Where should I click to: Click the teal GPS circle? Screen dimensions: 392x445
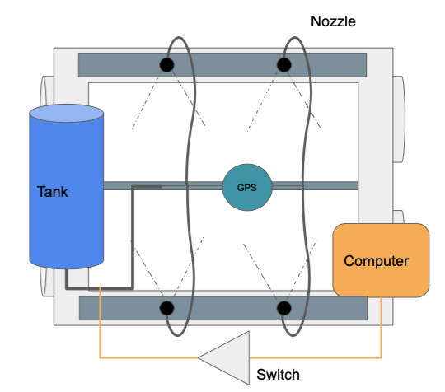(x=246, y=186)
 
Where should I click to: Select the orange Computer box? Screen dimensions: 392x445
(x=381, y=260)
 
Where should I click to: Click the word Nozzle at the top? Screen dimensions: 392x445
(x=333, y=21)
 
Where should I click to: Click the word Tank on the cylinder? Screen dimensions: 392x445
(x=54, y=192)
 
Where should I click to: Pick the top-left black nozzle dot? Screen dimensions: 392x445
(x=166, y=65)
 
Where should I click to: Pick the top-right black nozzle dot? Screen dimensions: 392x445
(x=284, y=65)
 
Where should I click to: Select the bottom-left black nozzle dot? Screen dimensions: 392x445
(x=166, y=308)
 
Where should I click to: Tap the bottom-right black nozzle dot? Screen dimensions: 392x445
(x=284, y=308)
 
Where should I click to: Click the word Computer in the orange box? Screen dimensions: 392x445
(x=376, y=261)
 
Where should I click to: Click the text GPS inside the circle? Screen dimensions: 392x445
(x=246, y=186)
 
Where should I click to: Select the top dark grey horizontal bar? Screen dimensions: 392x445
(x=222, y=63)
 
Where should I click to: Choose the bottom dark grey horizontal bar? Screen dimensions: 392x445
(x=222, y=309)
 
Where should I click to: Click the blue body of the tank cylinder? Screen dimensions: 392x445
(x=67, y=222)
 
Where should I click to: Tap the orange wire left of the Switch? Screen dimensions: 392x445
(x=148, y=357)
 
